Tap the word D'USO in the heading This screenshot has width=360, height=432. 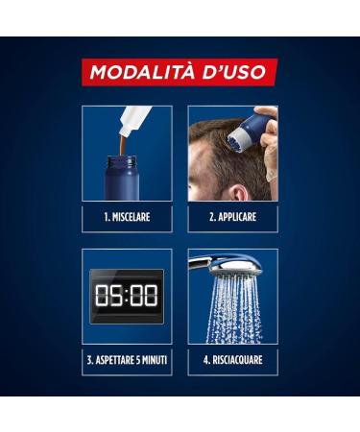(240, 73)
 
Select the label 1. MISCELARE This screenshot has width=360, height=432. (127, 218)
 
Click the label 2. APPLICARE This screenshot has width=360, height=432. (232, 218)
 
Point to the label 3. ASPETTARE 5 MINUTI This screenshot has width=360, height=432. (127, 362)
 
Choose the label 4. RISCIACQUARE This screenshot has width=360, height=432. (232, 362)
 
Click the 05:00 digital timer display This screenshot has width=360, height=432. (127, 295)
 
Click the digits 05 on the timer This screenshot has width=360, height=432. (108, 295)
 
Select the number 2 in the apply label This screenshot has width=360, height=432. (210, 218)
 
